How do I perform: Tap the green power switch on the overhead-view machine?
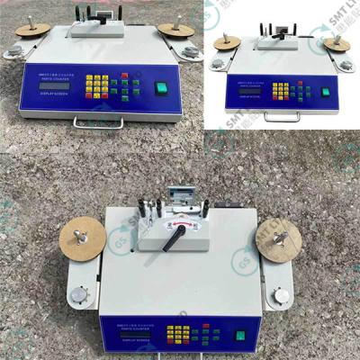point(240,339)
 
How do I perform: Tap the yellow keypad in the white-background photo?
point(282,91)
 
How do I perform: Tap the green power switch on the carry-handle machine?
point(162,88)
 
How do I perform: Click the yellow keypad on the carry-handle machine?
point(97,85)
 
